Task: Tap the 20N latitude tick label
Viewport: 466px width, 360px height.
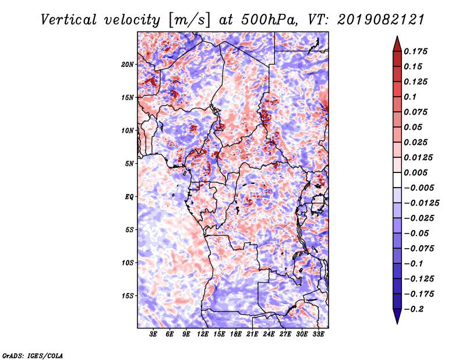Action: (x=128, y=64)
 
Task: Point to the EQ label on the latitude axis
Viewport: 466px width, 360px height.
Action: (x=130, y=197)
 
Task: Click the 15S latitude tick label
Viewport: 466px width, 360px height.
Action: (x=128, y=296)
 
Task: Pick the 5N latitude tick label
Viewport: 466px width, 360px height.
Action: (x=129, y=164)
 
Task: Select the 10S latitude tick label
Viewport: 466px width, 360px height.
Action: (x=128, y=263)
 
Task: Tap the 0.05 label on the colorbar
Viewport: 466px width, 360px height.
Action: (x=414, y=127)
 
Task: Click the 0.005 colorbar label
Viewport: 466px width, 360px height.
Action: (x=417, y=172)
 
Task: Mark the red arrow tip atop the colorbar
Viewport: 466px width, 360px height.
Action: (x=397, y=40)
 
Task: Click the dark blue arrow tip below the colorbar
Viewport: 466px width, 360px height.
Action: (x=397, y=320)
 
